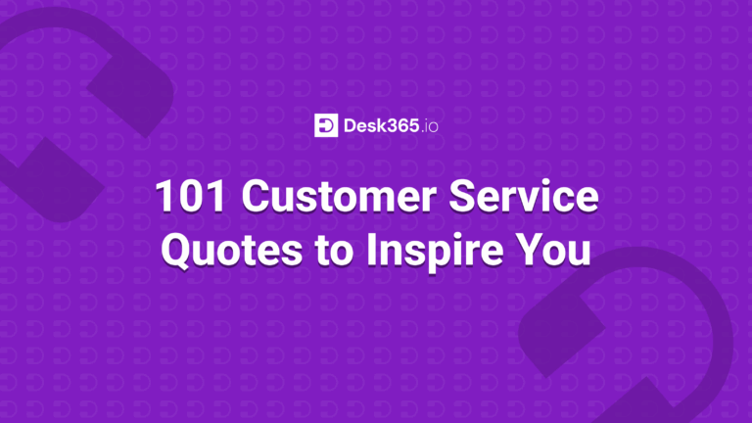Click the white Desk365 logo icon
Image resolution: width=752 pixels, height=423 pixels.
(325, 126)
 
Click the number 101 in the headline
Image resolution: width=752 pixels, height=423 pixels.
(190, 198)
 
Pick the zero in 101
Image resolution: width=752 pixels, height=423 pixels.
(190, 198)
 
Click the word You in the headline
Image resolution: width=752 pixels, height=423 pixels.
(553, 250)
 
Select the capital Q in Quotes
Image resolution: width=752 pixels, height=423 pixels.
(177, 251)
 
